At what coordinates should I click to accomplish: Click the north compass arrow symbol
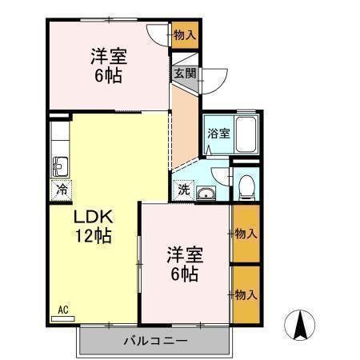(300, 326)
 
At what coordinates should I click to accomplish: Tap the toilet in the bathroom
(246, 187)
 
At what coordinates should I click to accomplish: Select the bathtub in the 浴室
(246, 134)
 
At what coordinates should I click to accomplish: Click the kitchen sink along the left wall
(61, 166)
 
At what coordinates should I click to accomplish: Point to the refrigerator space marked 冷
(62, 190)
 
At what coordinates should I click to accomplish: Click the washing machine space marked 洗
(184, 190)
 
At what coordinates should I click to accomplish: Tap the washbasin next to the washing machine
(206, 193)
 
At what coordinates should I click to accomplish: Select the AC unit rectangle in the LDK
(63, 319)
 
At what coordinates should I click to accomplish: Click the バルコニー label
(155, 341)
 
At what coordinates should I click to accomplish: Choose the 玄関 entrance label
(185, 74)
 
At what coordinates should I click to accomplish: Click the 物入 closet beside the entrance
(185, 35)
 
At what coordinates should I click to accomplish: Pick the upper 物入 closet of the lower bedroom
(246, 234)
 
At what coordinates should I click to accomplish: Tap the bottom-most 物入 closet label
(246, 295)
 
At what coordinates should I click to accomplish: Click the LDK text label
(94, 217)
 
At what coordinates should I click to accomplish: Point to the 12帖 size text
(94, 235)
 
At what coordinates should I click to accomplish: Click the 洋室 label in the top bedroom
(109, 56)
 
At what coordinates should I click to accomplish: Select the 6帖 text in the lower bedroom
(185, 274)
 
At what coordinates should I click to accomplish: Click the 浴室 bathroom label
(218, 134)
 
